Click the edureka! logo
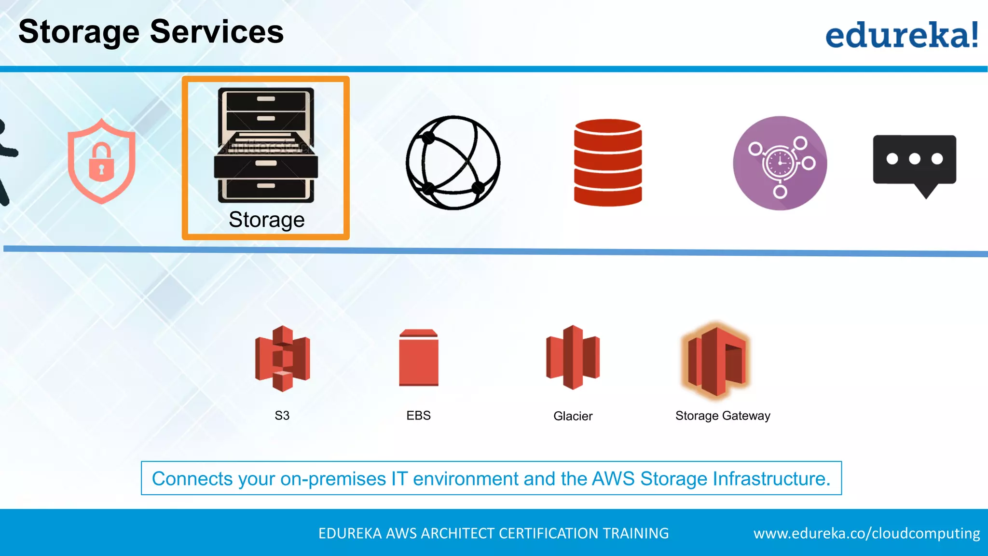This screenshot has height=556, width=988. pos(901,35)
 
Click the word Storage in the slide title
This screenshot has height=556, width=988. pos(79,32)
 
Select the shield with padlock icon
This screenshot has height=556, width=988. pos(101,161)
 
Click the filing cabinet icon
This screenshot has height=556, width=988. pos(266,145)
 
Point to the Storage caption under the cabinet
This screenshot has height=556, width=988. pos(266,220)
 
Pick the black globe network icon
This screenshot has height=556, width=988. pos(453,163)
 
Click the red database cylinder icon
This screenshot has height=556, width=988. pos(608,163)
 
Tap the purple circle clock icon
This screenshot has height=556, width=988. pos(780,163)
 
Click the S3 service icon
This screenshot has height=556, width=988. pos(282,358)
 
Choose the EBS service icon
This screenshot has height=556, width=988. pos(419,358)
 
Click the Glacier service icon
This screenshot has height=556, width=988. pos(573,357)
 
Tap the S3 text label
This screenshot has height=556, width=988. pos(282,416)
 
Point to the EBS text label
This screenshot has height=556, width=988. pos(418,416)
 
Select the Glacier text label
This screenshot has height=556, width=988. pos(573,416)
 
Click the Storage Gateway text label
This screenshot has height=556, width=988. pos(723,416)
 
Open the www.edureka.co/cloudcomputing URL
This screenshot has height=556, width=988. pos(866,533)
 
